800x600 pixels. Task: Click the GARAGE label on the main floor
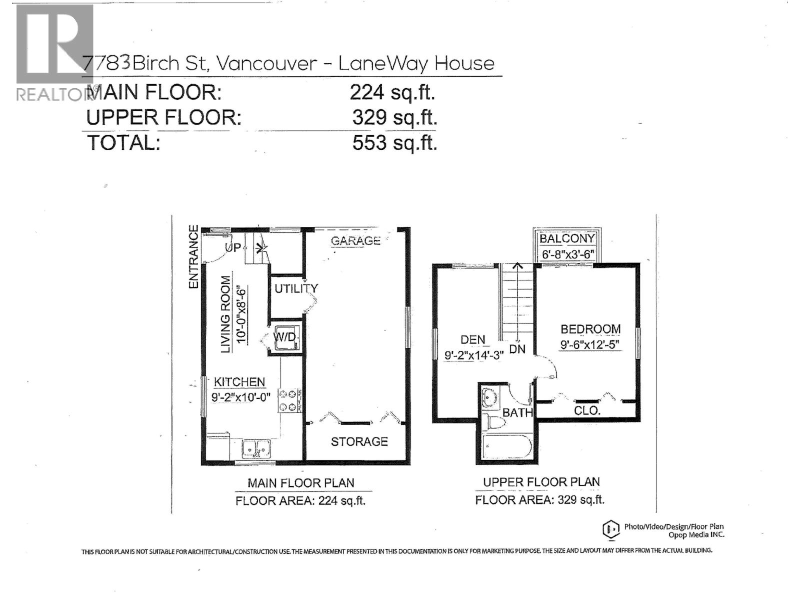(x=355, y=241)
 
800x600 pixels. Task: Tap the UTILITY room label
(x=296, y=288)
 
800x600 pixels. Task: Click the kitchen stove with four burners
(x=290, y=400)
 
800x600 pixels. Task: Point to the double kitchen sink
(x=256, y=448)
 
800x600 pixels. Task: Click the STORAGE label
(x=359, y=441)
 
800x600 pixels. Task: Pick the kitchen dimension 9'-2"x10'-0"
(x=241, y=396)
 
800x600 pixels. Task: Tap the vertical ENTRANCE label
(x=193, y=256)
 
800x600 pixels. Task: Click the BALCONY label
(x=567, y=238)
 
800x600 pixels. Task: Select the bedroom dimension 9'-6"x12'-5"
(x=590, y=344)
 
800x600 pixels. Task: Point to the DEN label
(x=472, y=340)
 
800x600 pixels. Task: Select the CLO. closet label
(x=587, y=410)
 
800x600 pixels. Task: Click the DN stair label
(x=517, y=349)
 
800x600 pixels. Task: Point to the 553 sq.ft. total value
(x=394, y=142)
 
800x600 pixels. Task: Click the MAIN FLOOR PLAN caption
(x=300, y=482)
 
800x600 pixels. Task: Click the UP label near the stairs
(x=233, y=247)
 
